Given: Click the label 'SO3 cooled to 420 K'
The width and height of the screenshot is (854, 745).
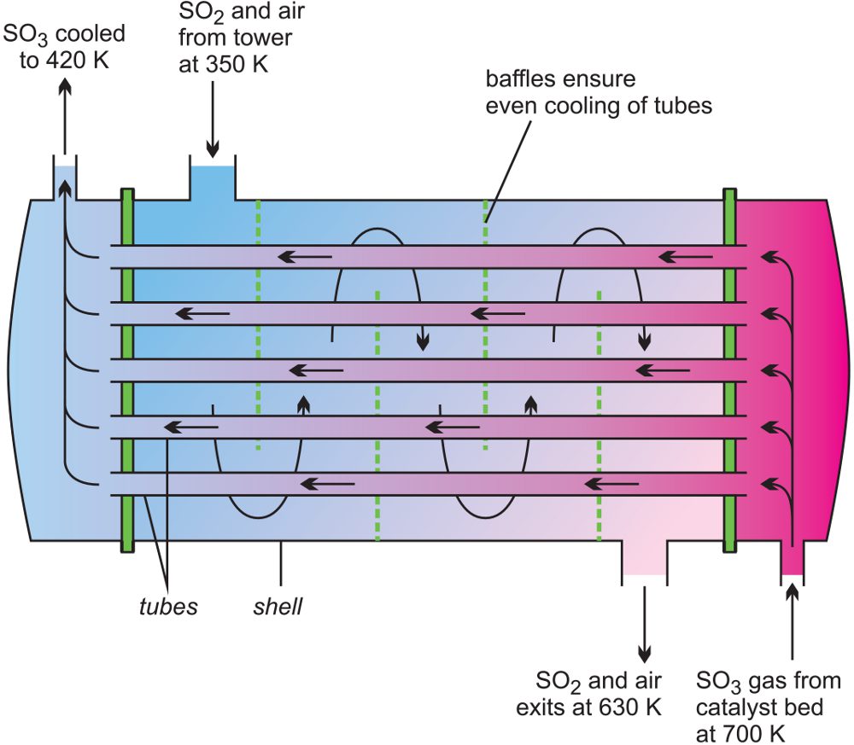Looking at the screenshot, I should (x=65, y=48).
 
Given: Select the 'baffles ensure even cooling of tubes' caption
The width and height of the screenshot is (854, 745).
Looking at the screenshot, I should (x=598, y=94).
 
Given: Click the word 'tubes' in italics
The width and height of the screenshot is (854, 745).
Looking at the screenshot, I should (x=168, y=607).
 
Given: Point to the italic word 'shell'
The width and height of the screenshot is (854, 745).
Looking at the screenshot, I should (x=278, y=607).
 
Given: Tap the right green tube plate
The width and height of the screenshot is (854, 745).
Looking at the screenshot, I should (x=729, y=370).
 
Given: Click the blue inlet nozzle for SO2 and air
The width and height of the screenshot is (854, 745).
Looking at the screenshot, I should (x=212, y=182).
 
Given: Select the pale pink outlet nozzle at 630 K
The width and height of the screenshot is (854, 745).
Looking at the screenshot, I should (x=644, y=559).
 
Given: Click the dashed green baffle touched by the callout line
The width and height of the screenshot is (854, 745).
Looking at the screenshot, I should (x=485, y=324).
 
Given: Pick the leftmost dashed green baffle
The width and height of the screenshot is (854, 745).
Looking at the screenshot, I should (x=258, y=324).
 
